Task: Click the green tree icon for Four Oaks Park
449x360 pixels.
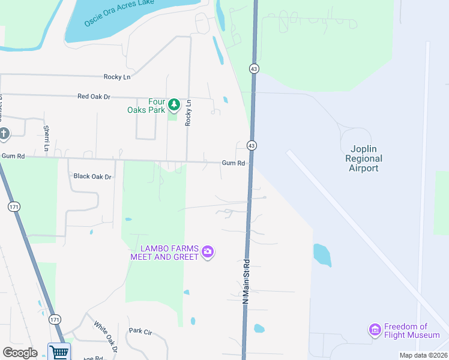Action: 174,106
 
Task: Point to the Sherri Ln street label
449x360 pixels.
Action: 46,138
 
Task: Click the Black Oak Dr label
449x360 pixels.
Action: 92,176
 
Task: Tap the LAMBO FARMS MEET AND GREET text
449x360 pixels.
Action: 164,253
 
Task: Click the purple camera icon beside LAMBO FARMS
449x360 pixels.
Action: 208,252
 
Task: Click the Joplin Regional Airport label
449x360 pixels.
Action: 364,158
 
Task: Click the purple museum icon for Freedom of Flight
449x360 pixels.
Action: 375,329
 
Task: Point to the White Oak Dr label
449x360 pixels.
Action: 105,336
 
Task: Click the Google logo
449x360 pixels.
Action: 20,353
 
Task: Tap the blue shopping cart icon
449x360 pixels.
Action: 59,352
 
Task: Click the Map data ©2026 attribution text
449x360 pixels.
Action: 423,355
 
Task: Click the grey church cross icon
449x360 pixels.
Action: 4,134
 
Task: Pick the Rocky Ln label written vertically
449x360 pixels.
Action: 188,112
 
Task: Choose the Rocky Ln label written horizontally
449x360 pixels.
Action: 116,77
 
